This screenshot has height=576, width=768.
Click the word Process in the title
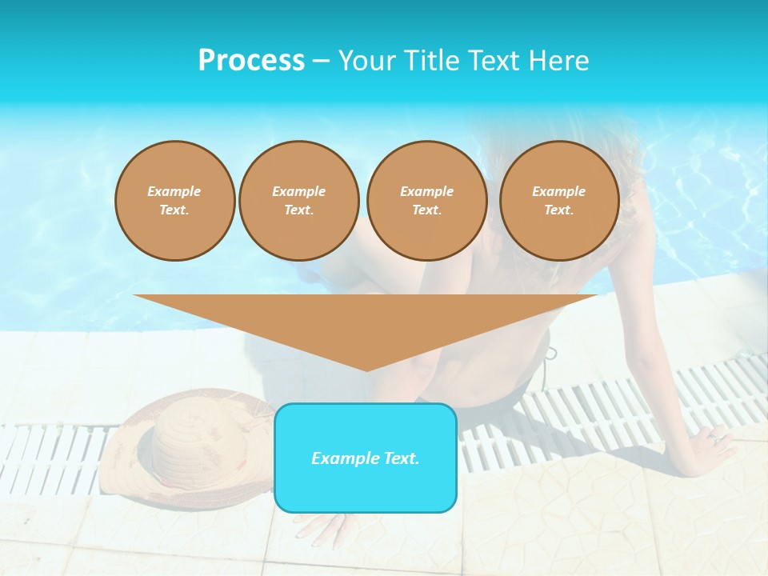251,61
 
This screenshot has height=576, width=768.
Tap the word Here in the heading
558,61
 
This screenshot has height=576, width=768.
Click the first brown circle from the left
174,201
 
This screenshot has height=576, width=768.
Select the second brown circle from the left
298,201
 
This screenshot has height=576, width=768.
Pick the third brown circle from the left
426,201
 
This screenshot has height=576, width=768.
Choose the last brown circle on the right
558,201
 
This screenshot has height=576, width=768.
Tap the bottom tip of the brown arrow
366,370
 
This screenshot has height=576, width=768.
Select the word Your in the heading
365,61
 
